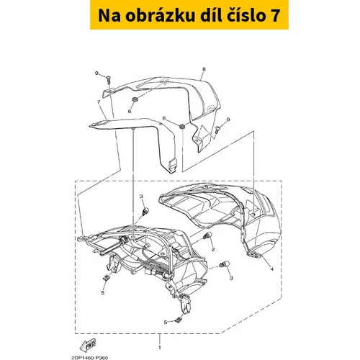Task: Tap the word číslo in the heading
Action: click(243, 15)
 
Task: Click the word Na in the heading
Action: click(109, 16)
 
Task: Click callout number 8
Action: click(204, 69)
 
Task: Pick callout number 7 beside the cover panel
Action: click(99, 102)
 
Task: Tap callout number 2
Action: click(213, 250)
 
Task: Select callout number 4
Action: click(271, 269)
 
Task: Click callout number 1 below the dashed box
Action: click(160, 347)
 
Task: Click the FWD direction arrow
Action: click(88, 344)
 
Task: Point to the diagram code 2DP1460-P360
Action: click(89, 358)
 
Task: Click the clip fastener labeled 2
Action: click(207, 235)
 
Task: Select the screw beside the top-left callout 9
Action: click(109, 79)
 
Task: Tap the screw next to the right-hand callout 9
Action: click(218, 130)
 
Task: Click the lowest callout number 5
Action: click(166, 323)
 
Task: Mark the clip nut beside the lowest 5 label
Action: click(178, 320)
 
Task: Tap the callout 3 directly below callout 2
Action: click(231, 278)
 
